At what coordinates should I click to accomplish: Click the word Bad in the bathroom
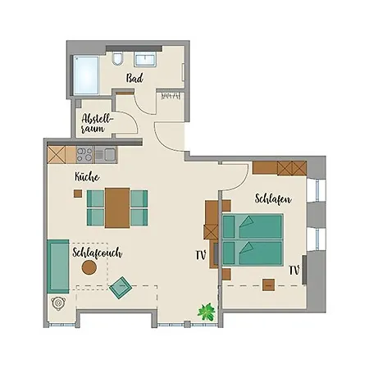(136, 78)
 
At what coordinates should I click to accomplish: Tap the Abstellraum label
(96, 123)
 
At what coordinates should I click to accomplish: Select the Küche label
(87, 176)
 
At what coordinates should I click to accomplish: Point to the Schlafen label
(271, 199)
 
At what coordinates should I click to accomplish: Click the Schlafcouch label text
(97, 253)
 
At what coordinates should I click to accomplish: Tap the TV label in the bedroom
(293, 269)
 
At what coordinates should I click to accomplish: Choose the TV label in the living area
(199, 255)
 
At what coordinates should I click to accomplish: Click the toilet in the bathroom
(119, 60)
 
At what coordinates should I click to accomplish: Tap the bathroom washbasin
(147, 61)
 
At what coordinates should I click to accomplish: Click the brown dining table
(116, 207)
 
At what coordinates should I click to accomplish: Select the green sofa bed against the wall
(57, 266)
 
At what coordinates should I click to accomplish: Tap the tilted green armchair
(121, 289)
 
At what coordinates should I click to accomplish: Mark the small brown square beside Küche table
(77, 194)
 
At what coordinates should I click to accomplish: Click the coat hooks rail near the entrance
(170, 97)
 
